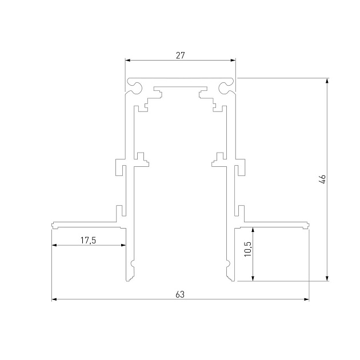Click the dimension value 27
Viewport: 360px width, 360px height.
tap(180, 55)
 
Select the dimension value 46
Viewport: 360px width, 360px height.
tap(322, 179)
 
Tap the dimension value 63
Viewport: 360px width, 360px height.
tap(180, 295)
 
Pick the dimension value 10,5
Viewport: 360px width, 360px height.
tap(247, 250)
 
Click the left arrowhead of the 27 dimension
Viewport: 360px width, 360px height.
tap(127, 59)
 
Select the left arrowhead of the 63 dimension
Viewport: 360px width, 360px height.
tap(54, 299)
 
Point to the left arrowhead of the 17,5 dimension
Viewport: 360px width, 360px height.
tap(54, 245)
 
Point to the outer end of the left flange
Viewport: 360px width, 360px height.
tap(53, 225)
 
